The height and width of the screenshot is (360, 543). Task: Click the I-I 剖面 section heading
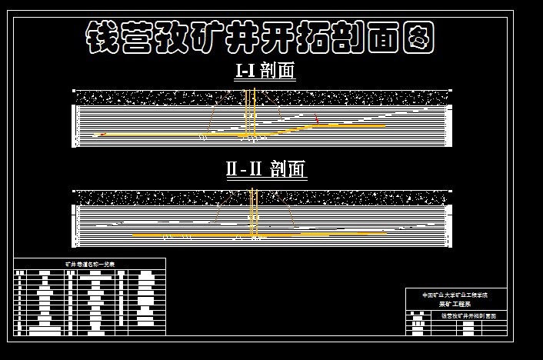(x=265, y=71)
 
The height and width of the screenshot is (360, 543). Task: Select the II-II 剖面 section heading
(x=266, y=168)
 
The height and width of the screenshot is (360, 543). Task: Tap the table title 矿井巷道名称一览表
(x=89, y=264)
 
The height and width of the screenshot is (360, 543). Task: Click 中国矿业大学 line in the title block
(x=454, y=295)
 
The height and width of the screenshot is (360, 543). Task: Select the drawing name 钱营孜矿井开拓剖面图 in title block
(x=468, y=316)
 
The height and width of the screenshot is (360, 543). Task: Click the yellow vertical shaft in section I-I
(x=248, y=115)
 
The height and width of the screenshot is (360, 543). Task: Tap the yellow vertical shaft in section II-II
(x=254, y=215)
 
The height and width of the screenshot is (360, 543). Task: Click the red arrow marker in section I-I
(x=316, y=120)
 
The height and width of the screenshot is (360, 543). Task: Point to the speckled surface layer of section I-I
(x=262, y=98)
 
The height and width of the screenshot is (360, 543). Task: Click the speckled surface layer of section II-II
(x=262, y=197)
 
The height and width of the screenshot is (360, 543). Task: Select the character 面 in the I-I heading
(x=288, y=71)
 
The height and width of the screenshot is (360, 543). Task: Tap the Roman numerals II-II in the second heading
(x=244, y=168)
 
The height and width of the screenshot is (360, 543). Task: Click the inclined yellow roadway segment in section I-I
(x=292, y=128)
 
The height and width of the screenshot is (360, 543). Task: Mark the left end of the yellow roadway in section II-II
(x=134, y=235)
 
